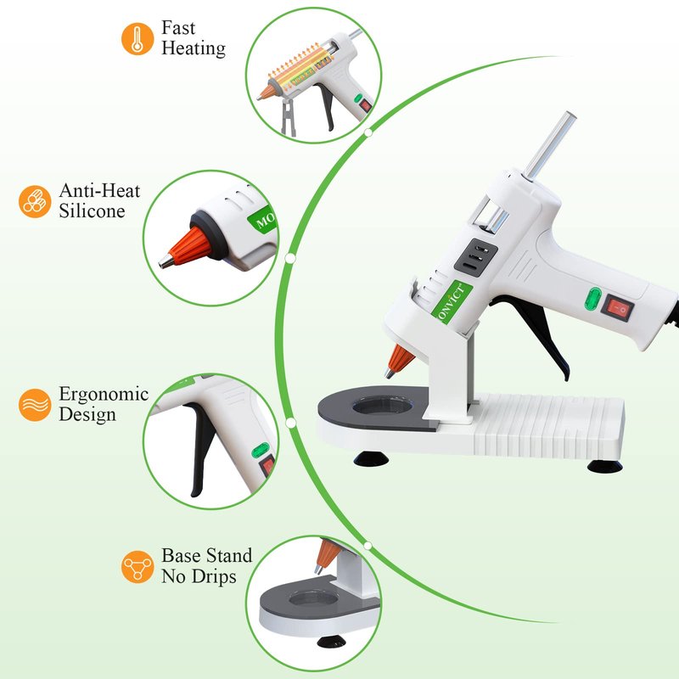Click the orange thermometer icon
pyautogui.click(x=137, y=39)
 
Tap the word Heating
pyautogui.click(x=194, y=48)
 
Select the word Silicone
pyautogui.click(x=92, y=210)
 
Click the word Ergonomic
pyautogui.click(x=104, y=395)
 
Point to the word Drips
pyautogui.click(x=214, y=577)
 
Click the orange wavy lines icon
pyautogui.click(x=35, y=405)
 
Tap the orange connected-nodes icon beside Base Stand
pyautogui.click(x=137, y=567)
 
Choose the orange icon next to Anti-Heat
pyautogui.click(x=35, y=201)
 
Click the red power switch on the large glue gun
pyautogui.click(x=617, y=308)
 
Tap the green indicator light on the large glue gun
pyautogui.click(x=592, y=300)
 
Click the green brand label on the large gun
pyautogui.click(x=452, y=301)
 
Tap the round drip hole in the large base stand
pyautogui.click(x=383, y=407)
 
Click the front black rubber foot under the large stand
pyautogui.click(x=371, y=458)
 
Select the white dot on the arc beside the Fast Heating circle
pyautogui.click(x=368, y=132)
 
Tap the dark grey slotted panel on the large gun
pyautogui.click(x=475, y=257)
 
